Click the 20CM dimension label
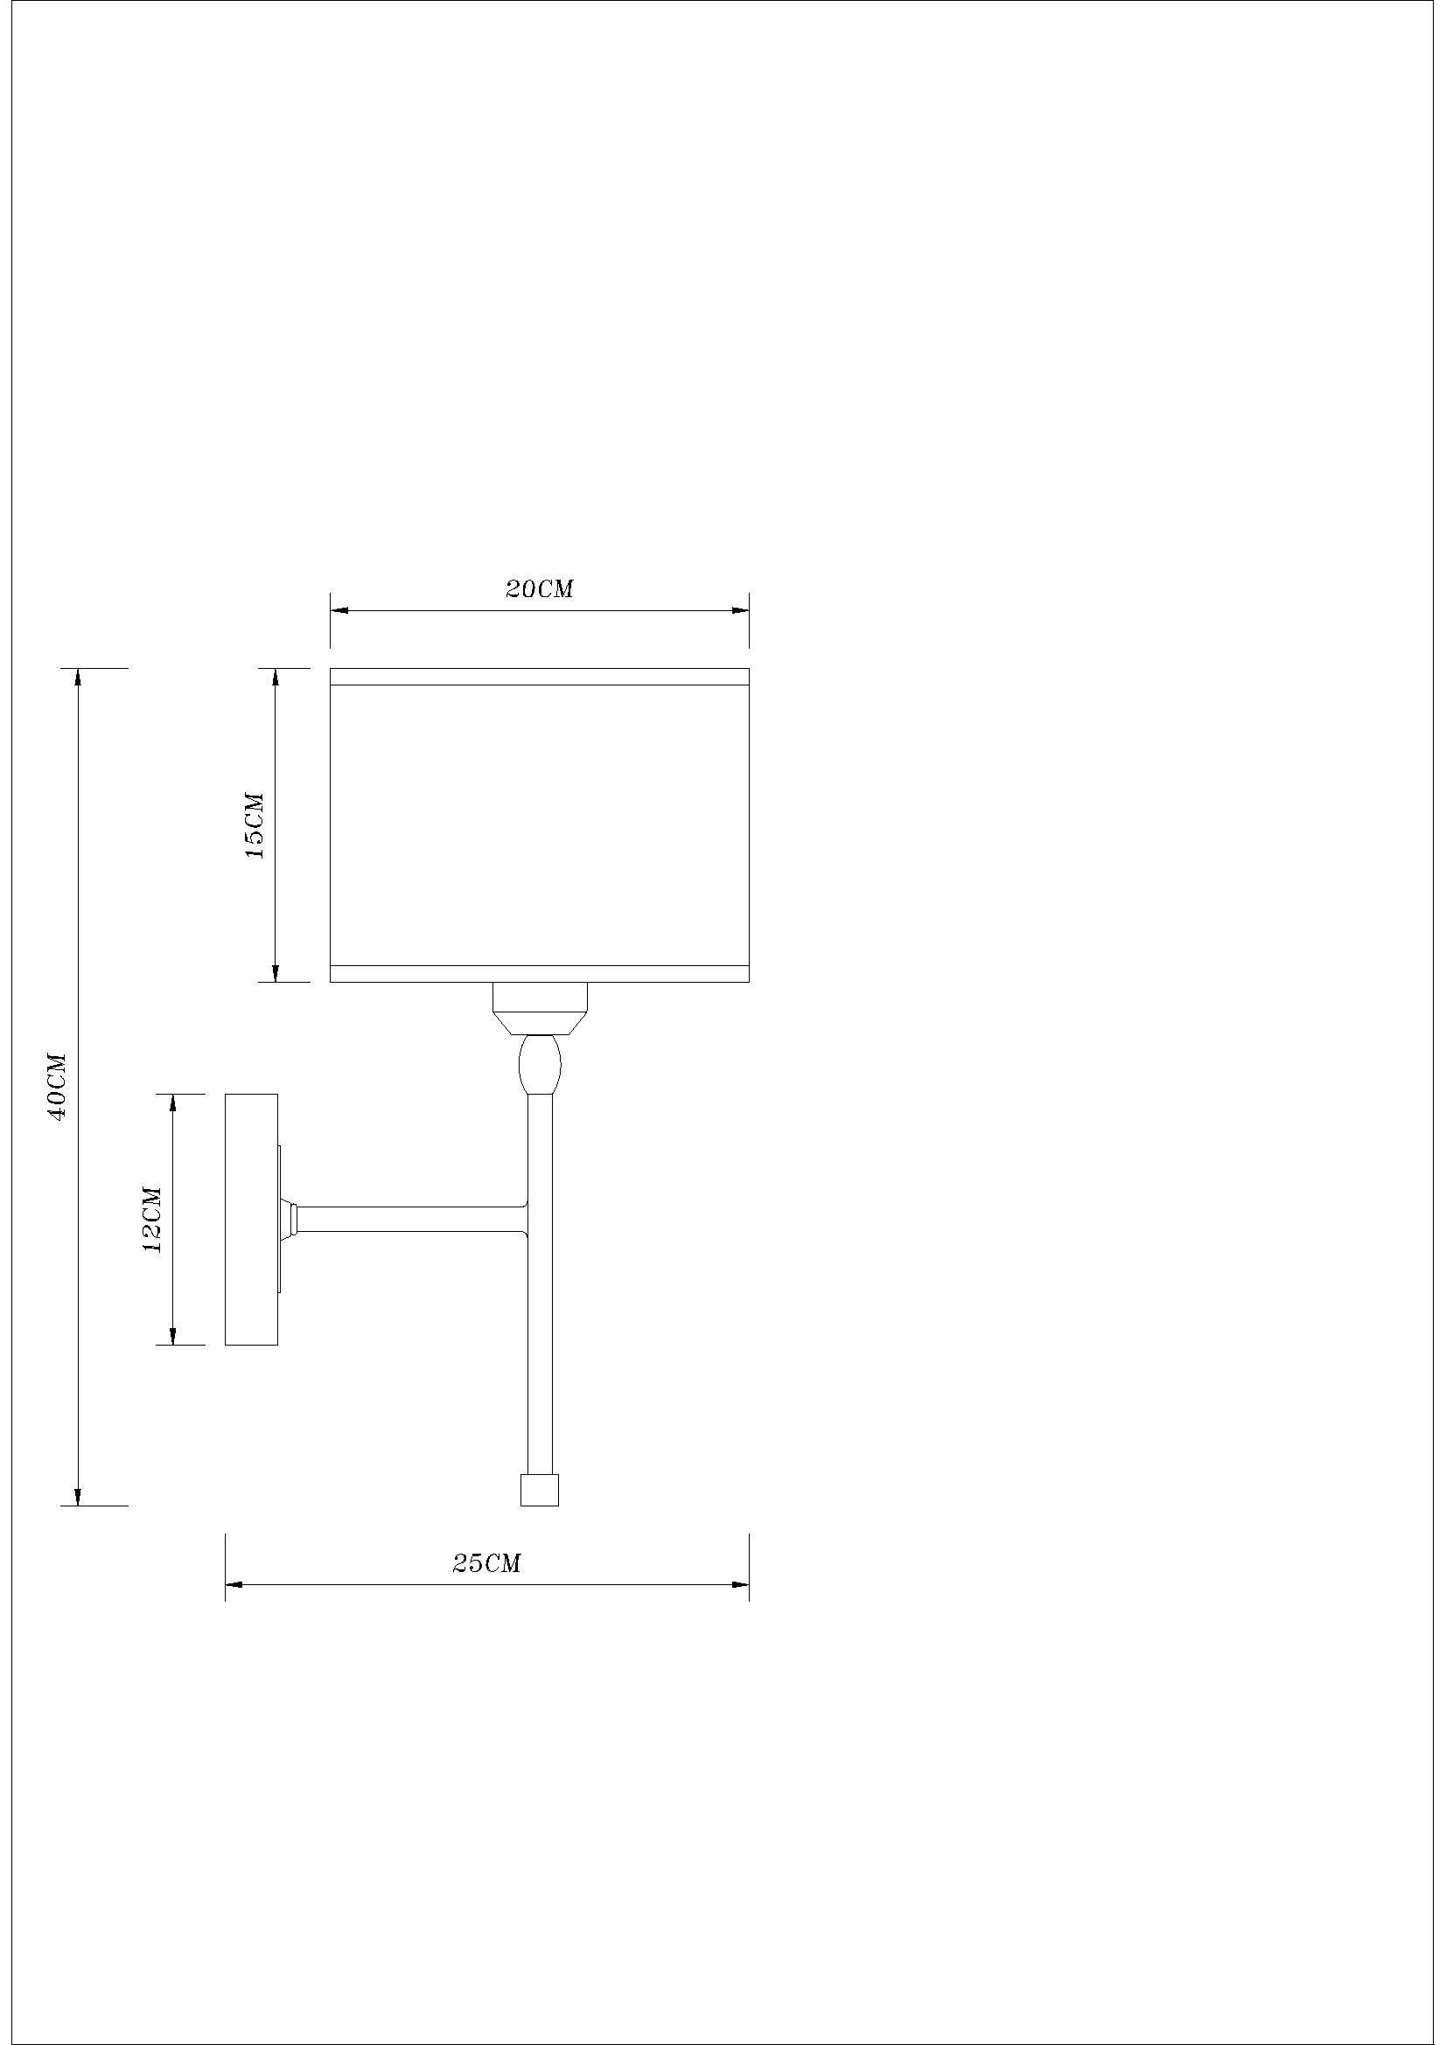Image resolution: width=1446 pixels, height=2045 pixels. pos(540,588)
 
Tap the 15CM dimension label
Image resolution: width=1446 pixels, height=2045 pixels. pos(255,824)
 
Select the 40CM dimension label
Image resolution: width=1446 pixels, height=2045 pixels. pos(58,1086)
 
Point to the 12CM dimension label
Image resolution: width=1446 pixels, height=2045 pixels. pos(152,1220)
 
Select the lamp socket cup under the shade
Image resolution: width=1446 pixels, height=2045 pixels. pos(540,1008)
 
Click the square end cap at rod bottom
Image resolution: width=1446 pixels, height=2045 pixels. pos(540,1490)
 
